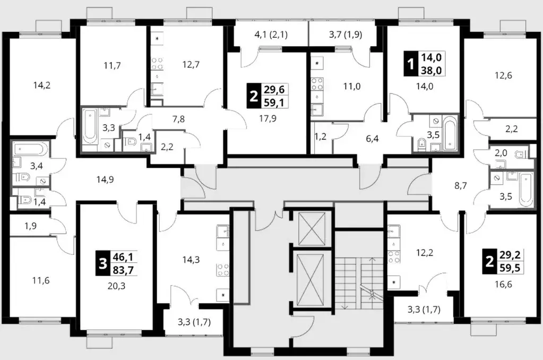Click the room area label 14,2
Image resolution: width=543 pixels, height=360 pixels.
42,85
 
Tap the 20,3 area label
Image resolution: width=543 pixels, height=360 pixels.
116,286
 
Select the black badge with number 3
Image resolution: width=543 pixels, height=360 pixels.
102,264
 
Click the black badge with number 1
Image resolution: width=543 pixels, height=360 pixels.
411,64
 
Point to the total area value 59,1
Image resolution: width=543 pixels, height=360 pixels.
274,102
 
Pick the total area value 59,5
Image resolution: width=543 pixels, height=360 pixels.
510,268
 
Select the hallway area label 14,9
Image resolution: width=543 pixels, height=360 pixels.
105,179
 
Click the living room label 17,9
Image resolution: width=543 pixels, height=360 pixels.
268,119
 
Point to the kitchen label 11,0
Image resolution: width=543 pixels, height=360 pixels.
352,86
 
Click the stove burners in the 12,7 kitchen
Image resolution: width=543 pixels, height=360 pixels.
157,64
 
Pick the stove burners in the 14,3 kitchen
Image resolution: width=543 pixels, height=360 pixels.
223,270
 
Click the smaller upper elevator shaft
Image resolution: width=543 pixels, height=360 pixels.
312,229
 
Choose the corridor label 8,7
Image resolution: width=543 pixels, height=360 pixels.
461,186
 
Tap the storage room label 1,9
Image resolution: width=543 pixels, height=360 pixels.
31,226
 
